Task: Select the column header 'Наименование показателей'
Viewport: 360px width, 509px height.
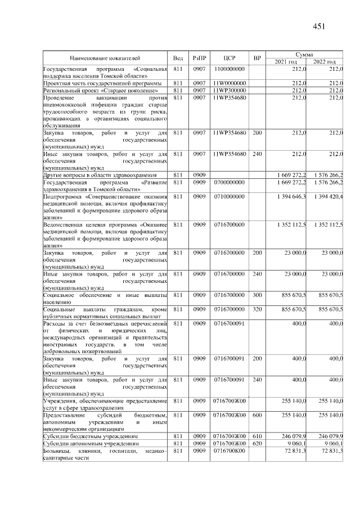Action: [x=105, y=57]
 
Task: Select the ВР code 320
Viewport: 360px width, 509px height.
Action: [x=257, y=309]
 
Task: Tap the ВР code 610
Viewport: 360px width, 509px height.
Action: [x=257, y=436]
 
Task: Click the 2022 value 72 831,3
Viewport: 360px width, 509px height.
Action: [x=332, y=451]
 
